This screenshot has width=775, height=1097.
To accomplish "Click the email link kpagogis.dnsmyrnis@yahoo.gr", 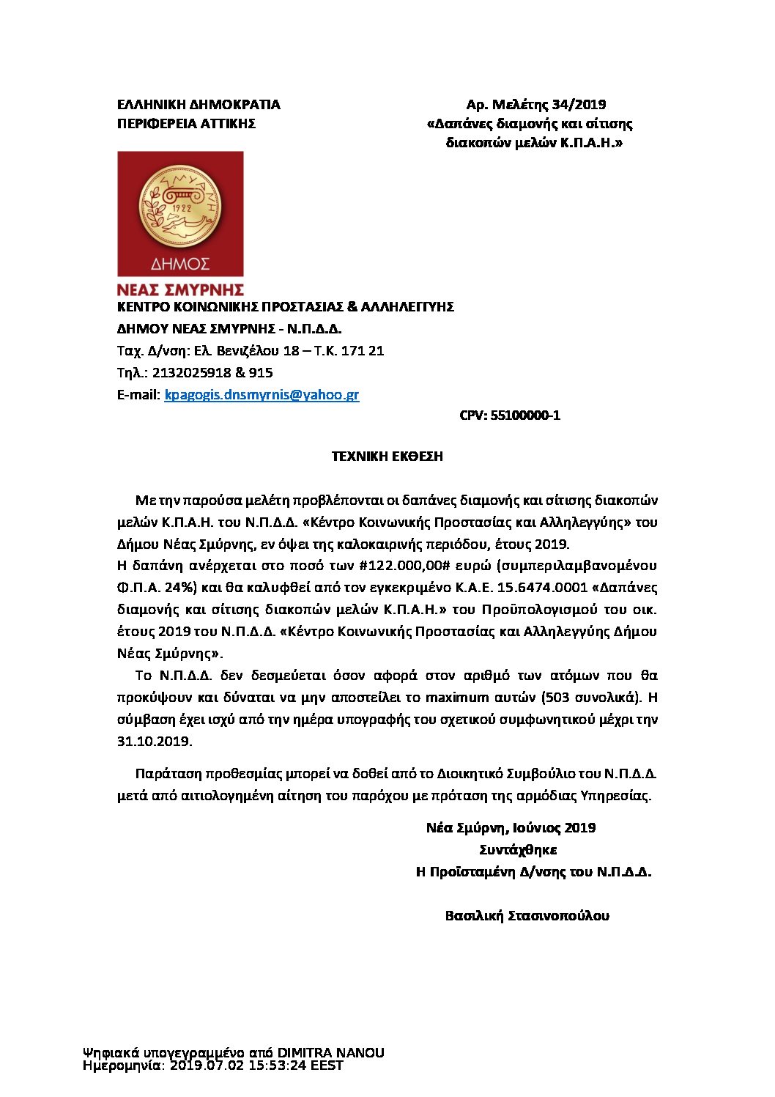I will click(x=262, y=394).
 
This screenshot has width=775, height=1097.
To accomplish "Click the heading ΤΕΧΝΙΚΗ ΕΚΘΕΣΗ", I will click(x=387, y=456).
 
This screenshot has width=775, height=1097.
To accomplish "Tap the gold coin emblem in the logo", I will click(x=180, y=207).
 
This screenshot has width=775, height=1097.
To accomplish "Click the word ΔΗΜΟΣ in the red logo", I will click(x=180, y=263).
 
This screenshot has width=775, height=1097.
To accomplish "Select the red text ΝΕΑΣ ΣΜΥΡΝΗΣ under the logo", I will click(x=180, y=290).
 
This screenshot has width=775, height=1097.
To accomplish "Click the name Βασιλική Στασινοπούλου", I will click(x=527, y=915).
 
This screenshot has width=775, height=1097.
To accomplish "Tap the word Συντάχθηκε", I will click(x=518, y=849).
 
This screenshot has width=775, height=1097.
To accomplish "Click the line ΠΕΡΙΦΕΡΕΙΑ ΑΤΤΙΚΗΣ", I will click(x=186, y=123).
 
